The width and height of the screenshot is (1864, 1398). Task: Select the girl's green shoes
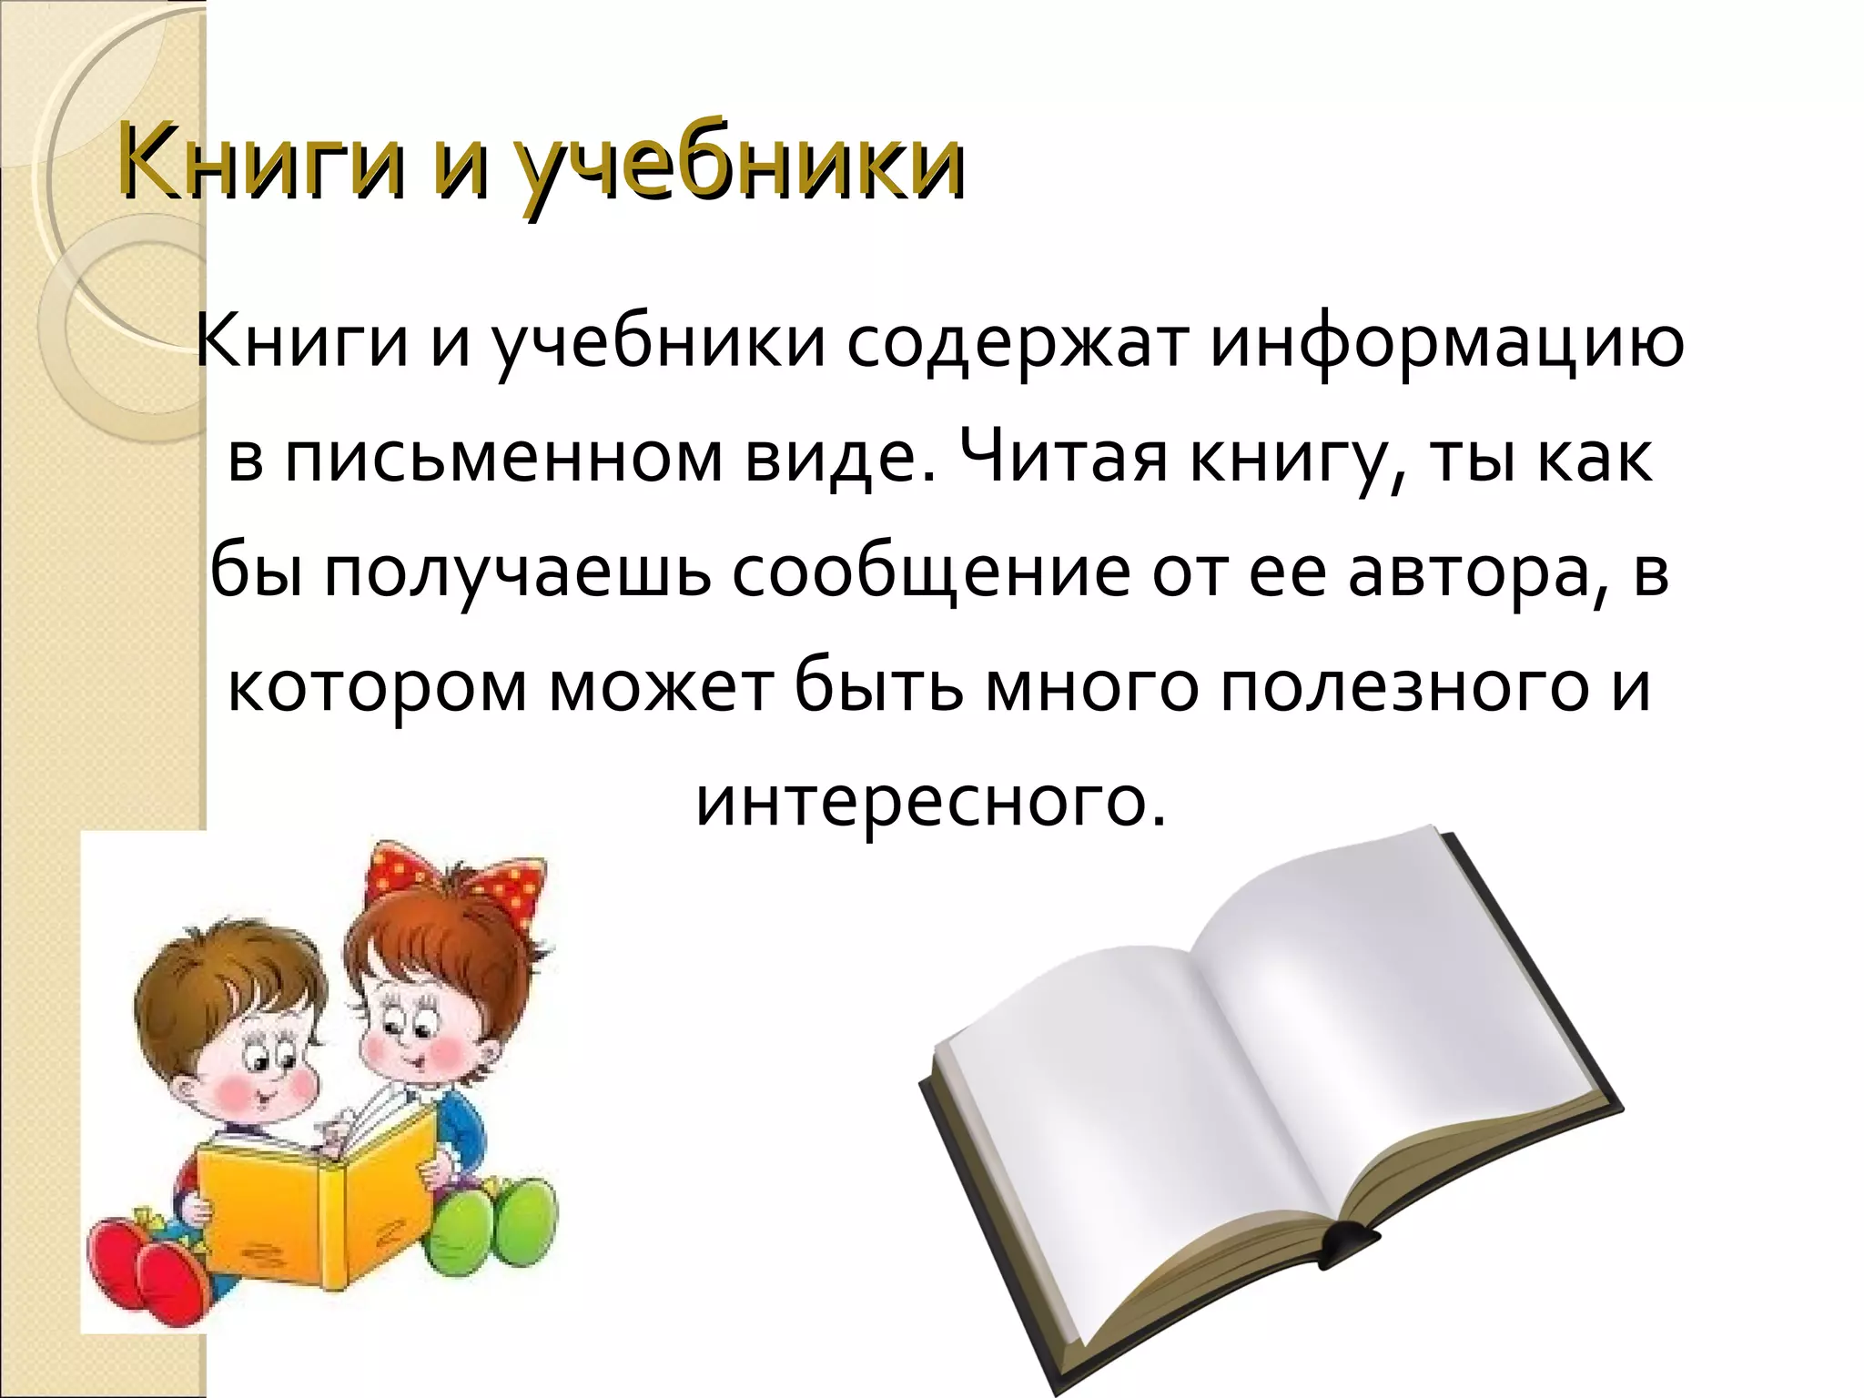491,1220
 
